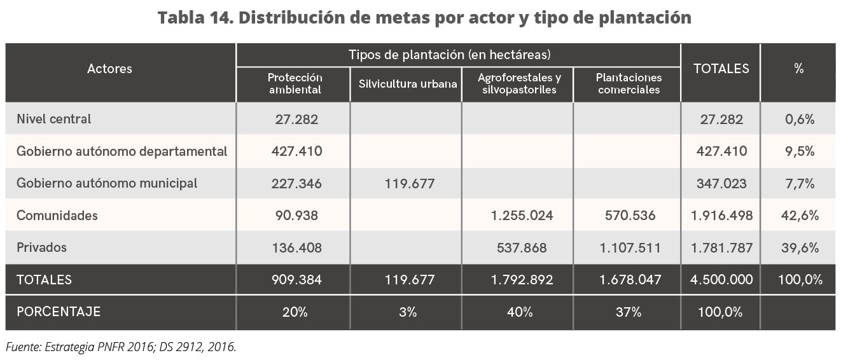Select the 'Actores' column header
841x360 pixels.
109,69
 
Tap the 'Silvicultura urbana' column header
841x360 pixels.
407,83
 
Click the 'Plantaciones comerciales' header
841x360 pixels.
629,83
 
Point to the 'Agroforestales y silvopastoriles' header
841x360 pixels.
519,83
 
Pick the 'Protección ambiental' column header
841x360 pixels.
295,83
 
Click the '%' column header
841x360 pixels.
799,69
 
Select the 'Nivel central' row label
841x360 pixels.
54,119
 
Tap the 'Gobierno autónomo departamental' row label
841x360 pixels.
122,151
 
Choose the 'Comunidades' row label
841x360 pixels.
57,216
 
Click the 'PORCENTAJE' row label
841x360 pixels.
59,312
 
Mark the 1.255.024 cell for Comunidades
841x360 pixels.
522,216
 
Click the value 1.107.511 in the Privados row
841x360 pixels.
630,247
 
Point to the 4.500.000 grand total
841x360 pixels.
721,279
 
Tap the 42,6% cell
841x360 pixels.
800,216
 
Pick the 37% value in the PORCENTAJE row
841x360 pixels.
629,312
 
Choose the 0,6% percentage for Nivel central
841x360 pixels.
800,119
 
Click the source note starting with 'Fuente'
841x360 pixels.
121,347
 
